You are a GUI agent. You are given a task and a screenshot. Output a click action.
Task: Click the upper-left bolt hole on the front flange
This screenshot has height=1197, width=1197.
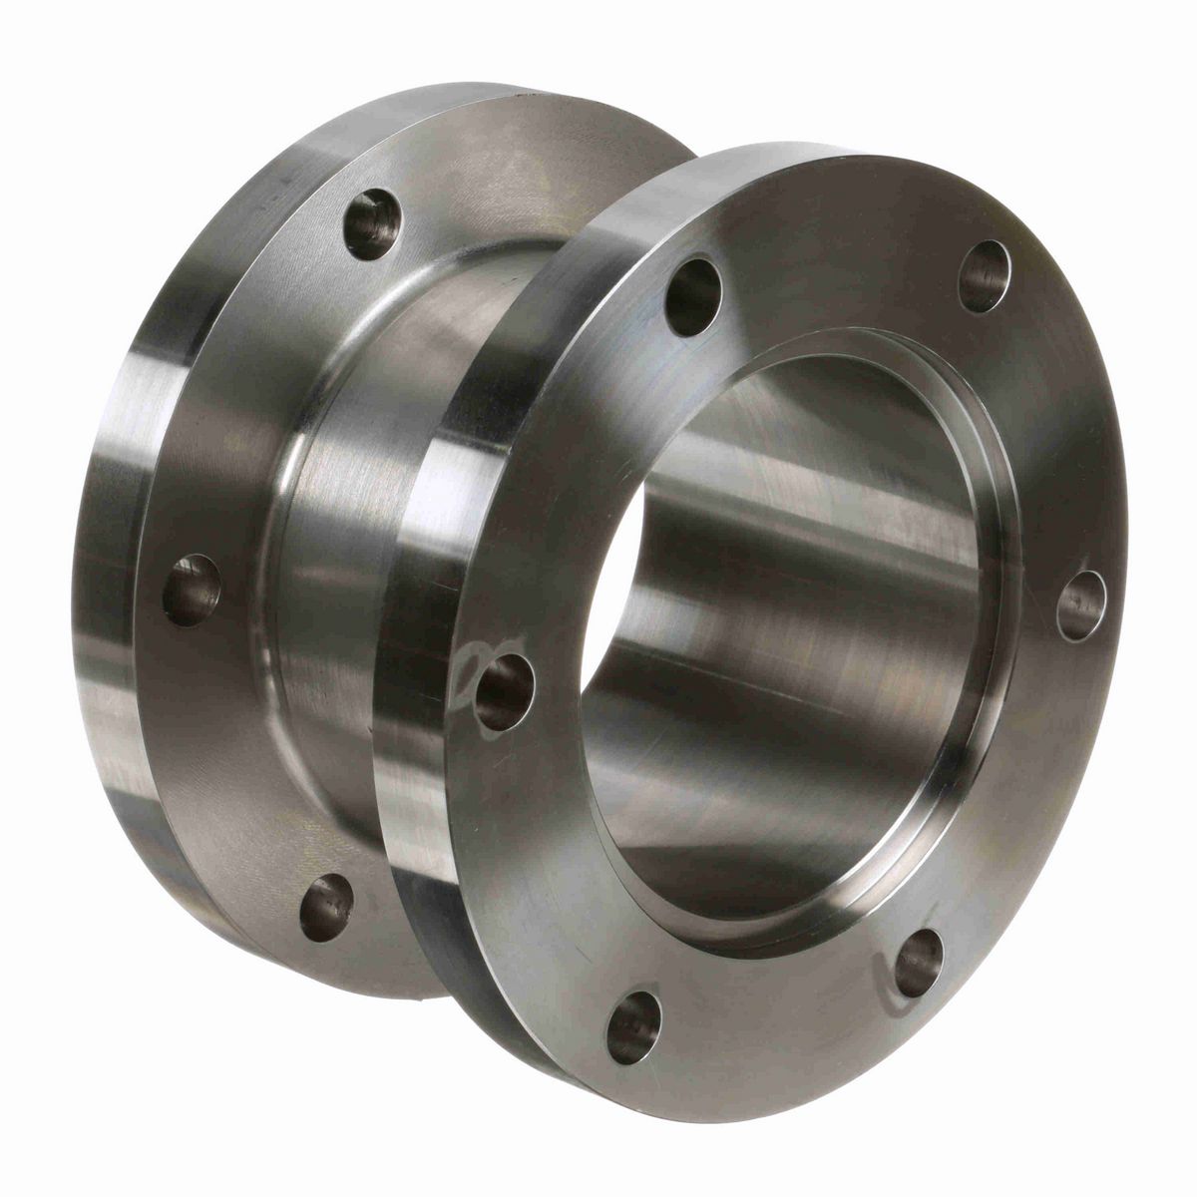click(x=693, y=296)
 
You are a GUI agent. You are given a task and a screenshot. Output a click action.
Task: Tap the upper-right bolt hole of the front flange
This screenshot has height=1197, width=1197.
click(x=985, y=276)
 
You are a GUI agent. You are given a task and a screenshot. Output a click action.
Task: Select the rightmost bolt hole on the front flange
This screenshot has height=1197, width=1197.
click(x=1081, y=605)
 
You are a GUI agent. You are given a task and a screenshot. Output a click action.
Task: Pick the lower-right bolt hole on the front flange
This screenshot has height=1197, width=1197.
click(x=918, y=962)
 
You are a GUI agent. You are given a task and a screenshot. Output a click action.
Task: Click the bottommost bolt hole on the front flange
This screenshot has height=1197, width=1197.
click(x=633, y=1026)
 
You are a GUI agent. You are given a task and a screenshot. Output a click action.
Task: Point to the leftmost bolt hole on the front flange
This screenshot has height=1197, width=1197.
click(x=505, y=691)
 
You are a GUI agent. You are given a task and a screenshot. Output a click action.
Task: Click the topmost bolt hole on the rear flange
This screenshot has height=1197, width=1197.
click(x=372, y=224)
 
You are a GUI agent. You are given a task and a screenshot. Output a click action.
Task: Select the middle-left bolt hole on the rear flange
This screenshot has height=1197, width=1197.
click(x=192, y=590)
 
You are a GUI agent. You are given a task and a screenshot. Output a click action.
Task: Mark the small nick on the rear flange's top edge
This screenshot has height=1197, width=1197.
click(x=520, y=95)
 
